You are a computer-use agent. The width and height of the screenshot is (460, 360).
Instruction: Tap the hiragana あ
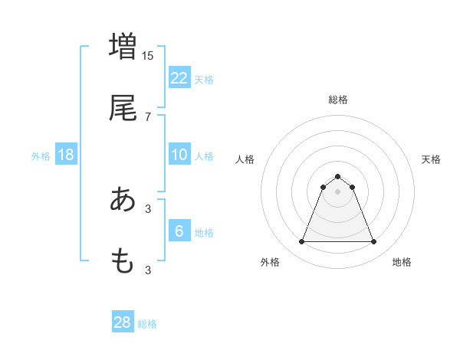(123, 200)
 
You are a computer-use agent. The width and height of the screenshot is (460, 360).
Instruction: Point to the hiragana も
(123, 261)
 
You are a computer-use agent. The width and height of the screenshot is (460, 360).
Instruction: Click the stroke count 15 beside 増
(148, 55)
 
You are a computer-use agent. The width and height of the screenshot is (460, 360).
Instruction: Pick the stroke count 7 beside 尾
(148, 116)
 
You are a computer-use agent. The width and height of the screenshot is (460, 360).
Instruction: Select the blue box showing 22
(179, 77)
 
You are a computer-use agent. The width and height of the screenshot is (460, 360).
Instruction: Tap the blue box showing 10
(179, 155)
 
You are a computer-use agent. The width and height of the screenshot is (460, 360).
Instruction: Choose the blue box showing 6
(179, 231)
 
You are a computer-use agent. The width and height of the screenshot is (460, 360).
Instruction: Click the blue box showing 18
(66, 155)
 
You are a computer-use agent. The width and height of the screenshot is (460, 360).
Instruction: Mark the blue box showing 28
(123, 322)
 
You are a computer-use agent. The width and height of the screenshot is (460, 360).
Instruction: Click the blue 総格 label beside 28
(147, 324)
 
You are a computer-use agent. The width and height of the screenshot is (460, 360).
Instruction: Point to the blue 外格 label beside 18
(41, 156)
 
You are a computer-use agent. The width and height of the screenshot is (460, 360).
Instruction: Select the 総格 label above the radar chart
(338, 100)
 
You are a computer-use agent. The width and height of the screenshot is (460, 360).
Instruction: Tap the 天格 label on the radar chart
(431, 159)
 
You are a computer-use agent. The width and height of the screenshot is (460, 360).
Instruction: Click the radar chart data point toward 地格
(374, 242)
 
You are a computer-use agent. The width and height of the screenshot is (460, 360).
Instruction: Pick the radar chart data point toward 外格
(301, 242)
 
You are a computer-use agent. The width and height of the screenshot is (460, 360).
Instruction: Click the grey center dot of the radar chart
(338, 191)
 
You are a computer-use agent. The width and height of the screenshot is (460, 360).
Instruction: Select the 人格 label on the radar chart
(245, 159)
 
